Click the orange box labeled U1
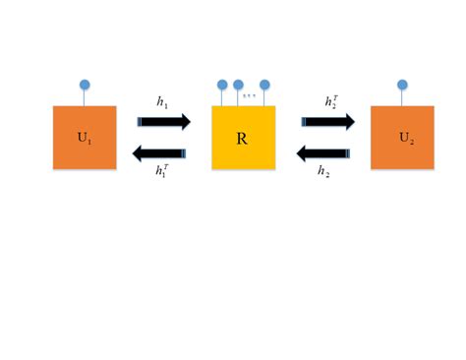pos(85,137)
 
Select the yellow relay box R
pos(243,137)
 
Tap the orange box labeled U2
pos(402,137)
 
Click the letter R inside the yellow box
pos(242,138)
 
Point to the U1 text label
pos(85,137)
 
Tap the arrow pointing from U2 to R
pos(325,151)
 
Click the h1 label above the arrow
pos(162,101)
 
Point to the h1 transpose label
pos(162,170)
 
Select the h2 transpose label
pos(329,101)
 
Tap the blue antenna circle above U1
pos(85,85)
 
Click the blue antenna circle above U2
pos(402,85)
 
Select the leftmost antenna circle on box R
pos(222,85)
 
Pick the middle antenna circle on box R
pos(238,85)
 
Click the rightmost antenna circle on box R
pos(264,85)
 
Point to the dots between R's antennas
pos(251,96)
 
